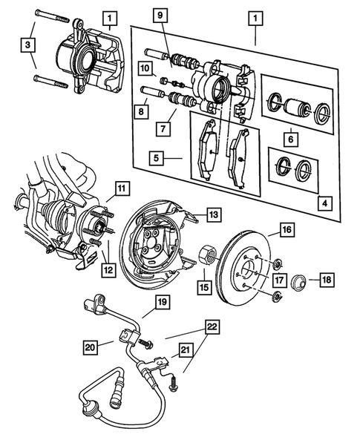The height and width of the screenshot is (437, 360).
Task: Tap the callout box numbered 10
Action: pos(143,69)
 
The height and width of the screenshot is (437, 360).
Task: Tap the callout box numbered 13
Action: pos(213,214)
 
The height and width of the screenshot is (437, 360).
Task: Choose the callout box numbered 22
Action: pos(212,326)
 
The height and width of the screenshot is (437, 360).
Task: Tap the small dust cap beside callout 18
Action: pos(299,280)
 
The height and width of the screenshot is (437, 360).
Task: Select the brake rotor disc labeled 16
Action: pos(249,267)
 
